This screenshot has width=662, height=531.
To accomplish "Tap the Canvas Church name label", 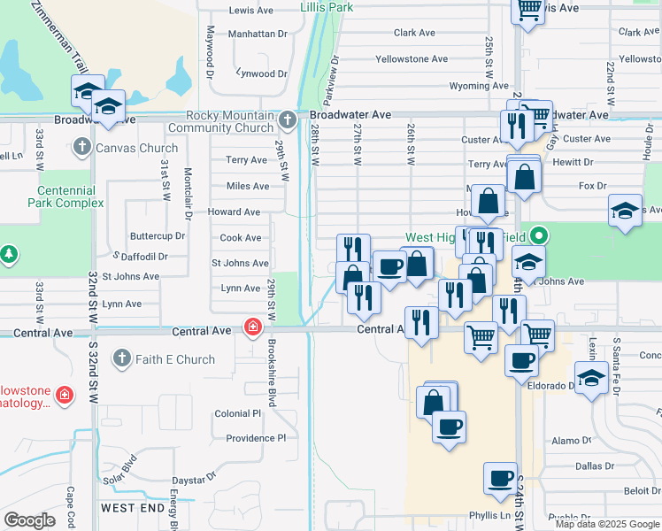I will pos(136,148).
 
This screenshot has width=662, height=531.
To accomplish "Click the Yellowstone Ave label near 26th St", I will pos(412,59).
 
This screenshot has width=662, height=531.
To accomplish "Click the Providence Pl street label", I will pos(256,438).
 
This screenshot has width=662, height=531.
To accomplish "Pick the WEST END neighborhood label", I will pos(132,507).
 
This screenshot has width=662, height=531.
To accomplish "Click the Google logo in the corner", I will pos(29,519).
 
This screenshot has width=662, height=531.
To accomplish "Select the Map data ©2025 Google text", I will pos(607,524).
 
